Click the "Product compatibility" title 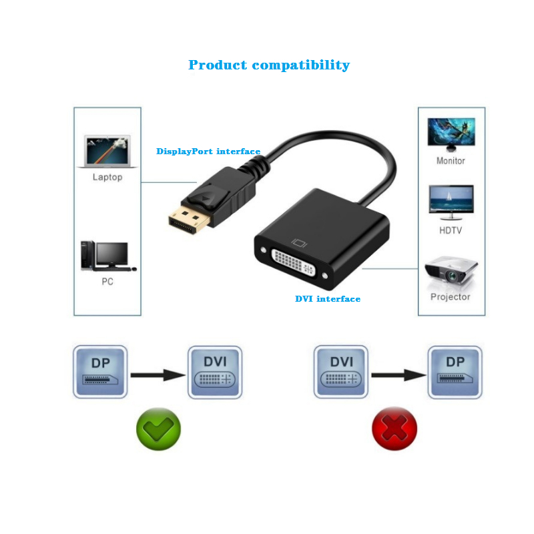268,65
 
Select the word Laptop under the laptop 107,177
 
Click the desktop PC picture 107,256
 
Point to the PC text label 107,281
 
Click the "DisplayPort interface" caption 208,152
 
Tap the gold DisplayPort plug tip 185,222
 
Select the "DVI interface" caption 328,298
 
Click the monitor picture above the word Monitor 451,135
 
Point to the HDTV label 451,230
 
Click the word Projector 451,296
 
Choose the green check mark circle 158,428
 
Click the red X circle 394,428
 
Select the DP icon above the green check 99,372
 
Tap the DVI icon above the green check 215,372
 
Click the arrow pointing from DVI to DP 398,374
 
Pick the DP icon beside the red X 455,372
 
